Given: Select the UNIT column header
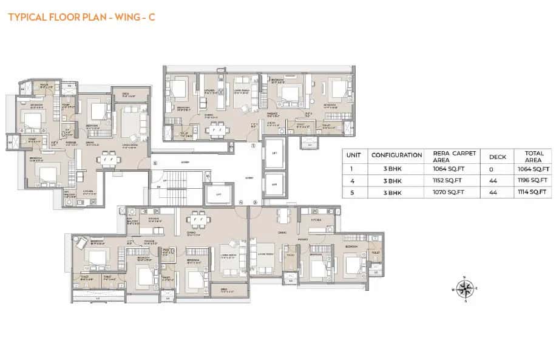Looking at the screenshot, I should tap(353, 155).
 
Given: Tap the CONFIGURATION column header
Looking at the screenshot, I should tap(396, 155).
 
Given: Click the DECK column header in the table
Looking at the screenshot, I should tap(498, 155).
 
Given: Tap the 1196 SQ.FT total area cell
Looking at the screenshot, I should tap(532, 180).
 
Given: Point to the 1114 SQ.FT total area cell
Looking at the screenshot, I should tap(532, 192).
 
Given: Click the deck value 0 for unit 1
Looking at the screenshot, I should tap(498, 169).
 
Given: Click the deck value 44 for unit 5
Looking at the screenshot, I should tap(498, 192).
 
